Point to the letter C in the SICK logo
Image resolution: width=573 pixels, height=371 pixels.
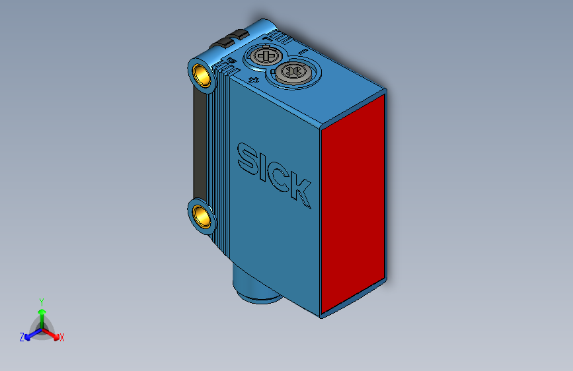(x=278, y=176)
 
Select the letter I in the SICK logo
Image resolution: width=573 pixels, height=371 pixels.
(x=262, y=166)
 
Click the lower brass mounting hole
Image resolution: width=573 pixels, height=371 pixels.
(x=201, y=215)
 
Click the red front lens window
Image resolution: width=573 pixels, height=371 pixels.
(x=354, y=201)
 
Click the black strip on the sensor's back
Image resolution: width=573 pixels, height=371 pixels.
(x=199, y=145)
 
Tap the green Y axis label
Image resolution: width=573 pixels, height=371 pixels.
(x=41, y=301)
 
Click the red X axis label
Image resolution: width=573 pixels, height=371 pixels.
(x=61, y=337)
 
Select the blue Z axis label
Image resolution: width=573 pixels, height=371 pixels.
(x=22, y=337)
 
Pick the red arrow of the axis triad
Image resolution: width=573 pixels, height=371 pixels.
(x=53, y=333)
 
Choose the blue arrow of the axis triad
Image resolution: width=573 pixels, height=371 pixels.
(x=30, y=334)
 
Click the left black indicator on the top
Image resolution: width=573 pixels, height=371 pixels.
(x=222, y=43)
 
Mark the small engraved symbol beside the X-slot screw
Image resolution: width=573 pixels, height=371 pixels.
(x=254, y=79)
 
